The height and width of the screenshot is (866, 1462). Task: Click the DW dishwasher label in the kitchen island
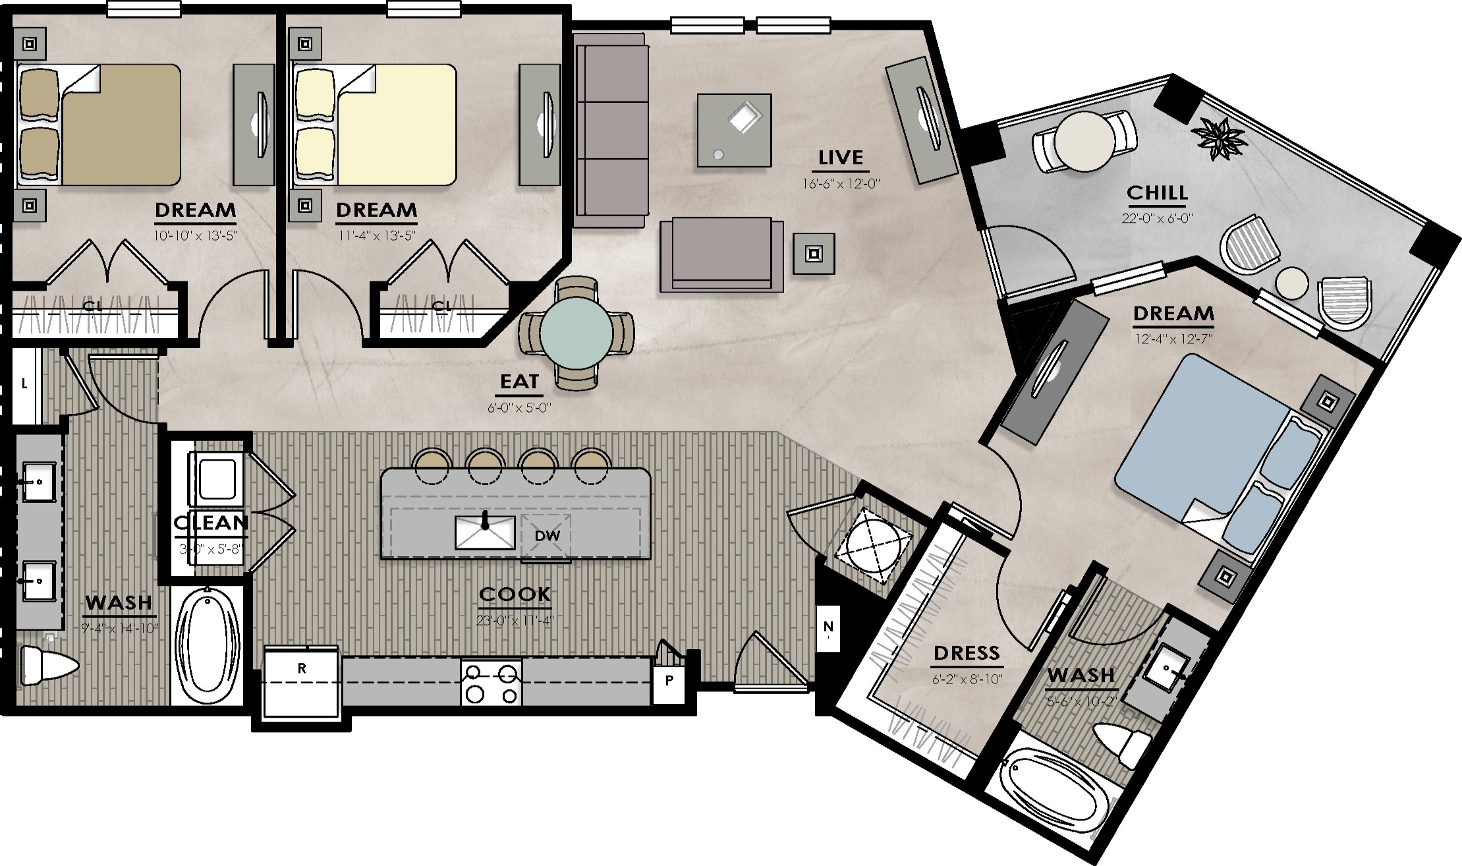[x=547, y=536]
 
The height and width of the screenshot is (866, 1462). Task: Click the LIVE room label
[x=841, y=158]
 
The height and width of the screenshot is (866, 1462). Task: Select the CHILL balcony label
[x=1156, y=192]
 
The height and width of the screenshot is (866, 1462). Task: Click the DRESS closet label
[x=967, y=653]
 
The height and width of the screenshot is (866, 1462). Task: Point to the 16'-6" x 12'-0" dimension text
[x=841, y=184]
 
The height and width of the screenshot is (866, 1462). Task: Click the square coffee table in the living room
[x=734, y=130]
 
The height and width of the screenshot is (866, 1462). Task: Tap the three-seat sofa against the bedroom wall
[x=609, y=130]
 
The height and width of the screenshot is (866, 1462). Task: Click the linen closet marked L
[x=24, y=385]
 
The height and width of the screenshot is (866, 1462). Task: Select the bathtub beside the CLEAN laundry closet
[x=207, y=645]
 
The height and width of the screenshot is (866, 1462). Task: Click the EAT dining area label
[x=519, y=382]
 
